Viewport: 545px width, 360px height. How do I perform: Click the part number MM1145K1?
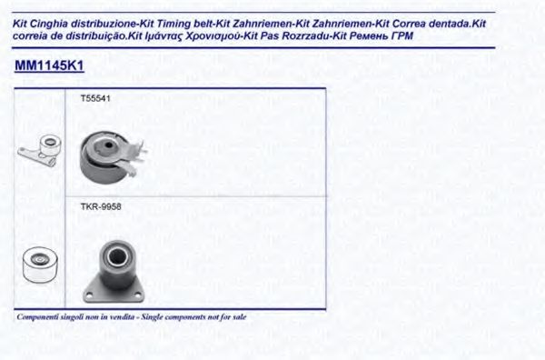(x=49, y=65)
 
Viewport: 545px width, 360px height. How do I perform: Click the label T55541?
(x=95, y=98)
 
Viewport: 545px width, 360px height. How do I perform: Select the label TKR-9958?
(x=101, y=206)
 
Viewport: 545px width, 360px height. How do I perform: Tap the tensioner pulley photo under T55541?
(x=112, y=157)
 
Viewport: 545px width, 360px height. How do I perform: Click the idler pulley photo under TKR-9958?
(x=114, y=271)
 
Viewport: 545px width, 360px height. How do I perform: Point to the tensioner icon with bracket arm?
(x=40, y=151)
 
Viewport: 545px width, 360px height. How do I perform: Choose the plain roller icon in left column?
(x=40, y=265)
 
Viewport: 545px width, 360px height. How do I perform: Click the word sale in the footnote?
(x=240, y=317)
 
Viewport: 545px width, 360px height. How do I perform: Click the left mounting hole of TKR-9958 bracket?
(x=89, y=295)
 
